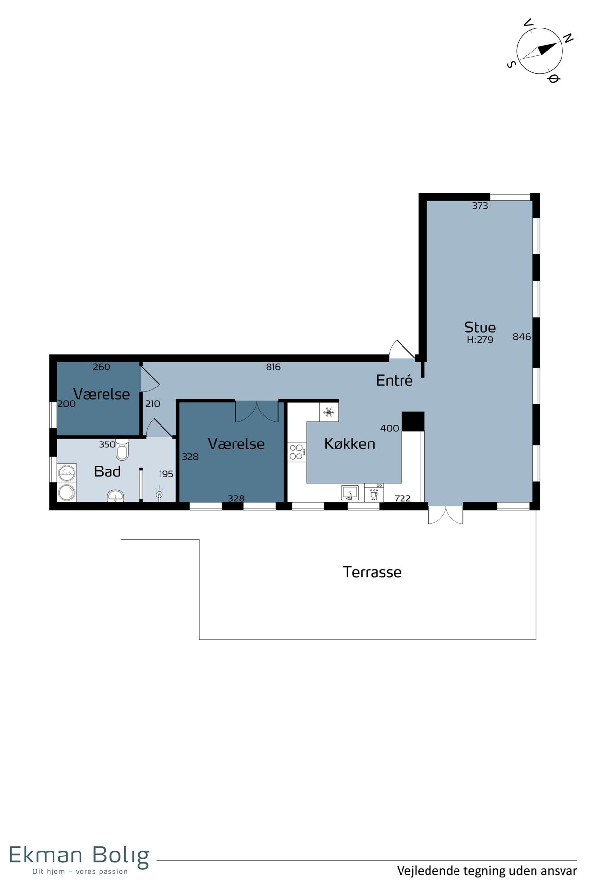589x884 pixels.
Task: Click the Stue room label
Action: pyautogui.click(x=480, y=328)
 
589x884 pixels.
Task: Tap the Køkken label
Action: pyautogui.click(x=349, y=444)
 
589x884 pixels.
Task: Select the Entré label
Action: pyautogui.click(x=394, y=380)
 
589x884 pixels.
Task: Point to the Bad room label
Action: pyautogui.click(x=107, y=471)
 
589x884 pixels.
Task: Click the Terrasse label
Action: pyautogui.click(x=372, y=572)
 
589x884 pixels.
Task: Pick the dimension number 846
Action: pyautogui.click(x=522, y=337)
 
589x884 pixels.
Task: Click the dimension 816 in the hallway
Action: pyautogui.click(x=273, y=367)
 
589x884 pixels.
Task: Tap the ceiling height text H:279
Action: pyautogui.click(x=480, y=340)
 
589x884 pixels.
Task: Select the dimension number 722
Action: pyautogui.click(x=402, y=498)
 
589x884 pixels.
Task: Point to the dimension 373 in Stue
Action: pyautogui.click(x=480, y=206)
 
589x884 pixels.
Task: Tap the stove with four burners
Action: pyautogui.click(x=296, y=452)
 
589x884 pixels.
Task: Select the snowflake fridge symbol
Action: pyautogui.click(x=329, y=412)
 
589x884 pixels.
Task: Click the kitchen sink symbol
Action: pyautogui.click(x=349, y=493)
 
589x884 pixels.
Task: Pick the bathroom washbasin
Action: pyautogui.click(x=115, y=496)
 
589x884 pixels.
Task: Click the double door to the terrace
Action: pyautogui.click(x=446, y=514)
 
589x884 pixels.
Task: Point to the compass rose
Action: pyautogui.click(x=539, y=50)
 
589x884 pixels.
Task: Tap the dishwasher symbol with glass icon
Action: pyautogui.click(x=374, y=493)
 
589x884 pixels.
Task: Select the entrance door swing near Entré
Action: pyautogui.click(x=402, y=349)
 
